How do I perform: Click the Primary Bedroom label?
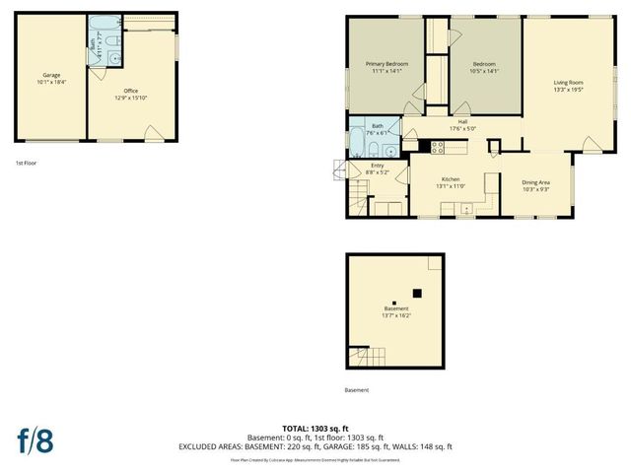[x=381, y=63]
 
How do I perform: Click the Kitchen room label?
[x=450, y=179]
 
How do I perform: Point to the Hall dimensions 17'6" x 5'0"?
[x=461, y=129]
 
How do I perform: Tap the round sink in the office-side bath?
[x=115, y=57]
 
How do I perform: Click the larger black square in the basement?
[x=417, y=293]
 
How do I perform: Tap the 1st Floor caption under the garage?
[x=27, y=162]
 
